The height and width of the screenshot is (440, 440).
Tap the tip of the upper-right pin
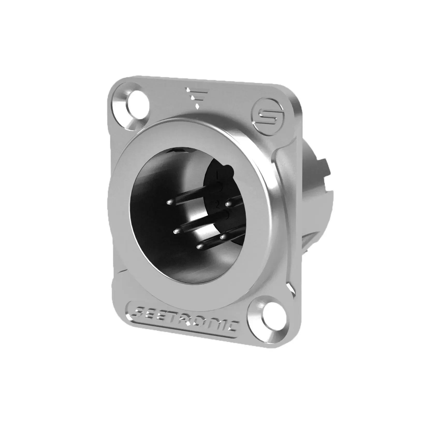pyautogui.click(x=228, y=205)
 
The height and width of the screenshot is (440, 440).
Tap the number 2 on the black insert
pyautogui.click(x=217, y=206)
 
